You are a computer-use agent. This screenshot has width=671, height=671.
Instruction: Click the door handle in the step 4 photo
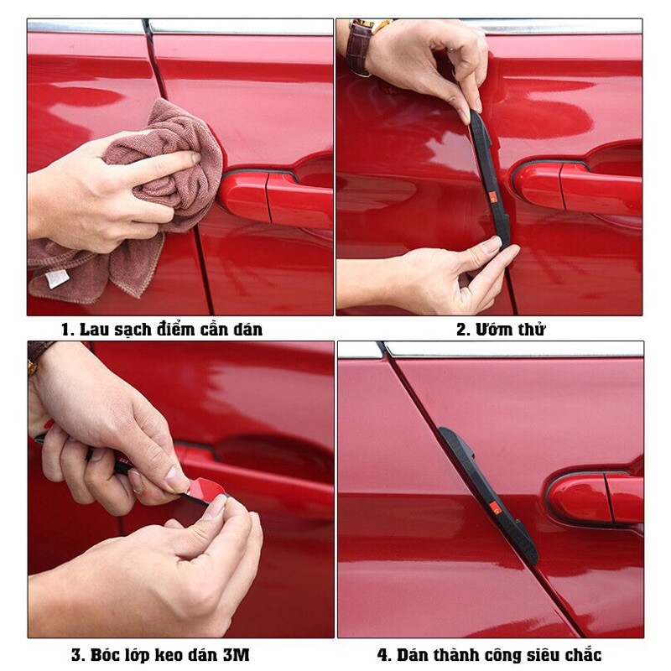[596, 497]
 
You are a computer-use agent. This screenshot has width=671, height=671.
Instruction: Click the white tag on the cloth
[57, 278]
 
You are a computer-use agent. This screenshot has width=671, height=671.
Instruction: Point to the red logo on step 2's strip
[493, 197]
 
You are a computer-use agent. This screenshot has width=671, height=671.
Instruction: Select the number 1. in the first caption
[68, 330]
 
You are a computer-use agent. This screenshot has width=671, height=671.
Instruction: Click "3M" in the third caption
[236, 655]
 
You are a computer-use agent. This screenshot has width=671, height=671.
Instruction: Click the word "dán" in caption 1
[247, 330]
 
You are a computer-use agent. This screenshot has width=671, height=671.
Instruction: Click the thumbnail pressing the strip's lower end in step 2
[491, 244]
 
